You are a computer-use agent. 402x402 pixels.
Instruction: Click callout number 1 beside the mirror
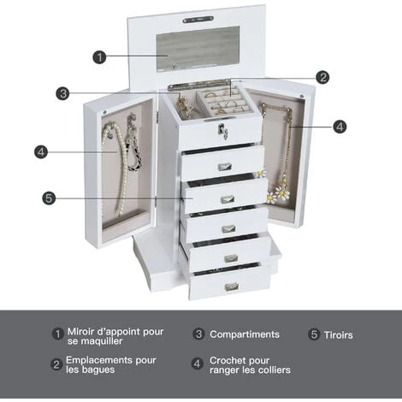(x=99, y=57)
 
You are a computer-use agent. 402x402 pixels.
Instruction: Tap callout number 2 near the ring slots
(x=322, y=77)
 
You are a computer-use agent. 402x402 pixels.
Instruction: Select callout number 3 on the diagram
(x=63, y=93)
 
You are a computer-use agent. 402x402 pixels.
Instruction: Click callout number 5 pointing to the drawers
(x=49, y=198)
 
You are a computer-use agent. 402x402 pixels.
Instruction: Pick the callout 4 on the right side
(x=340, y=127)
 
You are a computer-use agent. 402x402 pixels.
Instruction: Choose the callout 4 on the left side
(x=41, y=152)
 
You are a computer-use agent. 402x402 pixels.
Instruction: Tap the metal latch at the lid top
(x=198, y=20)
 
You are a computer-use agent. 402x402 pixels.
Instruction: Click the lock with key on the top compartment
(x=222, y=131)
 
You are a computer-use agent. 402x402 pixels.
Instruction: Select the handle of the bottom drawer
(x=232, y=287)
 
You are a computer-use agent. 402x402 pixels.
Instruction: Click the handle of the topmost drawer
(x=225, y=167)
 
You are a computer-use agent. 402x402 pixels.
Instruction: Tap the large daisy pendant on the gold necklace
(x=282, y=193)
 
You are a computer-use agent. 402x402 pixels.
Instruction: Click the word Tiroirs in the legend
(x=338, y=335)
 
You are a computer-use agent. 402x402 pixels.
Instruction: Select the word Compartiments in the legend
(x=245, y=334)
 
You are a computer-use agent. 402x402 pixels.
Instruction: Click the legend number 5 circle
(x=314, y=334)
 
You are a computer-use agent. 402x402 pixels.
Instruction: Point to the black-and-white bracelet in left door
(x=133, y=148)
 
